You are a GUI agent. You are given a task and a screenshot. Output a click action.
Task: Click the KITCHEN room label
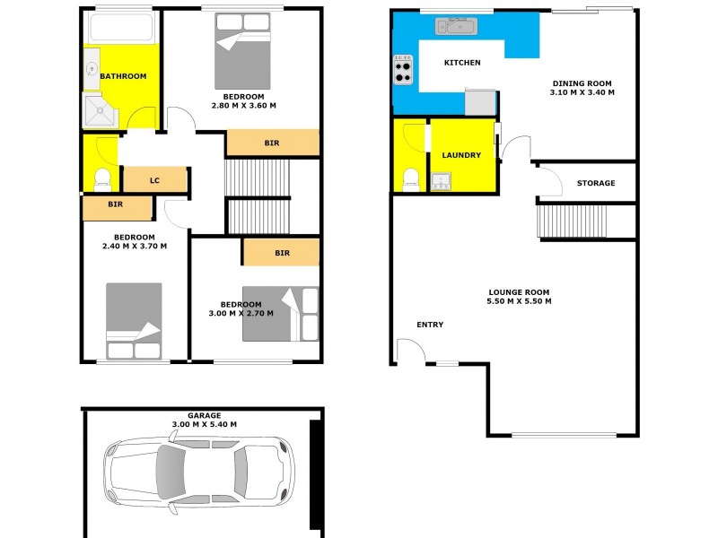(x=463, y=63)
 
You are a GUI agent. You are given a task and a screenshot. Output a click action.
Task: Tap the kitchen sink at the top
(x=460, y=27)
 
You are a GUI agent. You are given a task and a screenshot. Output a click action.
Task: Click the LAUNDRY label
(x=461, y=155)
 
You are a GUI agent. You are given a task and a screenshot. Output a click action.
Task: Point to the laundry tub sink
(x=440, y=183)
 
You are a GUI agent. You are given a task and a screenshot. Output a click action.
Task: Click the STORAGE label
(x=595, y=183)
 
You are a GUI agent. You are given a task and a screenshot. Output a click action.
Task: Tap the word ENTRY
(x=430, y=325)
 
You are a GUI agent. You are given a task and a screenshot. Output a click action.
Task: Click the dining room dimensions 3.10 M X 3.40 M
(x=582, y=92)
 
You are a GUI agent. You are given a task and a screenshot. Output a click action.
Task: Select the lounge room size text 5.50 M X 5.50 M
(x=519, y=301)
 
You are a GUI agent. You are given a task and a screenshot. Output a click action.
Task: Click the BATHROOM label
(x=123, y=76)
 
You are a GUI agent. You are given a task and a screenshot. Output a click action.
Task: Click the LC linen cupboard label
(x=154, y=181)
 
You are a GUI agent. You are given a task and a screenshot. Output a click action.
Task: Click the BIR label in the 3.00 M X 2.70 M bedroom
(x=281, y=253)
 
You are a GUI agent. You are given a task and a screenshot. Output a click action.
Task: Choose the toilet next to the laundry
(x=411, y=178)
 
